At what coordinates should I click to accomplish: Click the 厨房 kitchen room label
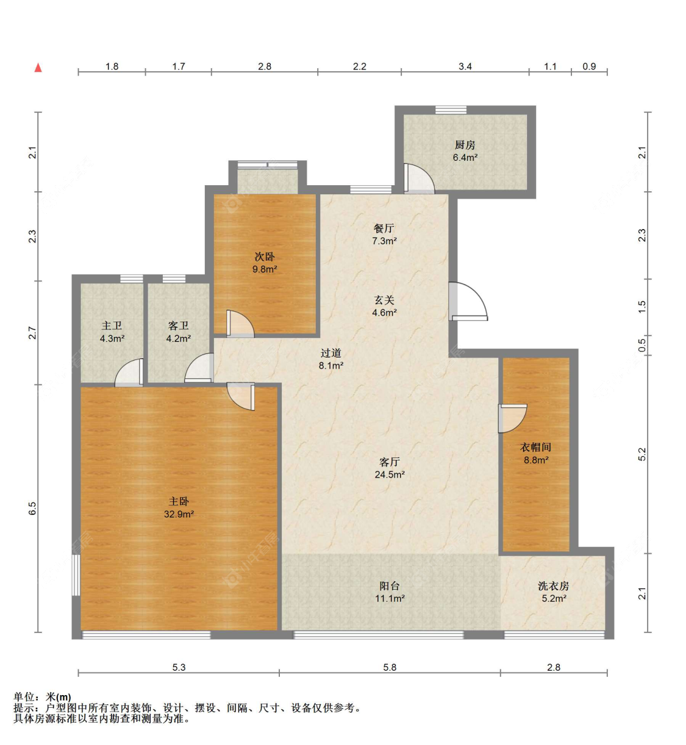465,151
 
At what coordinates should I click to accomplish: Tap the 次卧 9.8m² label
265,263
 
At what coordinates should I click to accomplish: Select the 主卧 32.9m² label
179,507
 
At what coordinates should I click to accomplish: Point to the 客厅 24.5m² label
390,468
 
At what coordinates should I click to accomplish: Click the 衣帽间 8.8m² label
535,453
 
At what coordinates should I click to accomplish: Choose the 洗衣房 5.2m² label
553,591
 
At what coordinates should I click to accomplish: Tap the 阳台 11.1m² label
390,591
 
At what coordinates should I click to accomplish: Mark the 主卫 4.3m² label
112,332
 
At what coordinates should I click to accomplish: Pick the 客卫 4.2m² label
178,332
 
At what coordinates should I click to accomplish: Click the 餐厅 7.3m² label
384,235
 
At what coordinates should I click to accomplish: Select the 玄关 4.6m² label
384,306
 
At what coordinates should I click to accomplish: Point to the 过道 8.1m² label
330,359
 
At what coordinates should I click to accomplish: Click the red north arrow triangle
38,68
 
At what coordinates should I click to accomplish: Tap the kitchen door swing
419,179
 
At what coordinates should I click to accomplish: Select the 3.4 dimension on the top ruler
465,66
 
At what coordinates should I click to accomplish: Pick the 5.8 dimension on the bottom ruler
390,667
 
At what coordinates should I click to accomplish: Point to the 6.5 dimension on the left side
33,508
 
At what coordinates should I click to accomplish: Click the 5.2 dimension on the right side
641,454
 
